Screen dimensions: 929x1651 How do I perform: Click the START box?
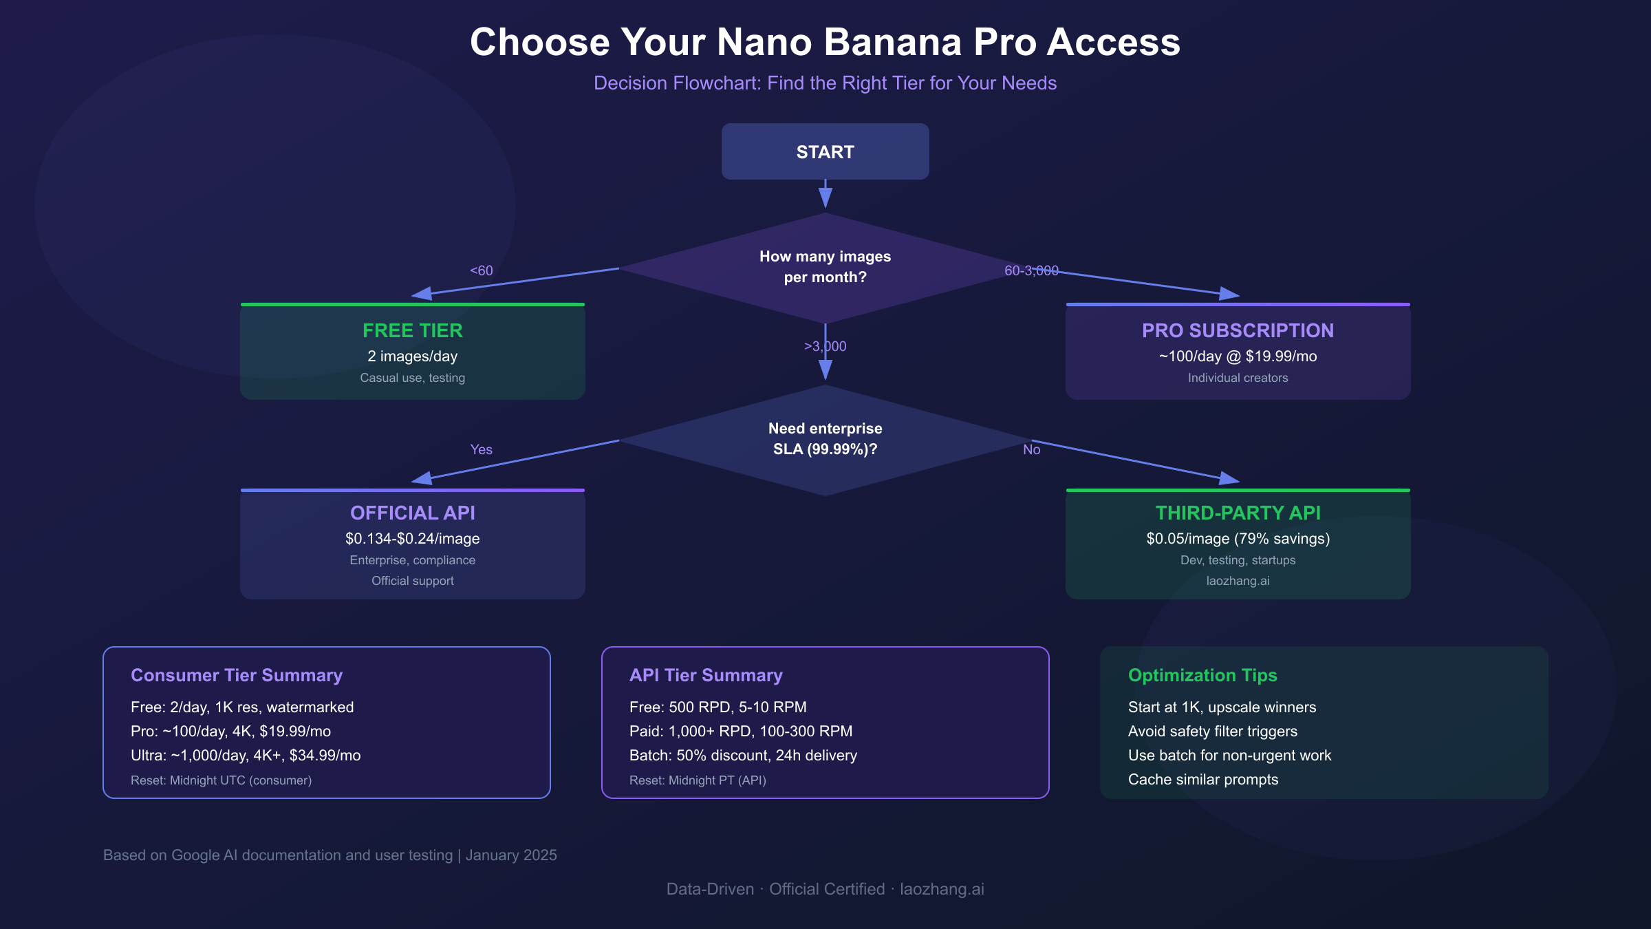[x=825, y=152]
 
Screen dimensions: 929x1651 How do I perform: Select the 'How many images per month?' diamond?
[x=825, y=267]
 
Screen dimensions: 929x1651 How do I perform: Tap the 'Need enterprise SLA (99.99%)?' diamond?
[x=825, y=439]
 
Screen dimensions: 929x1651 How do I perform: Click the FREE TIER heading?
[x=413, y=331]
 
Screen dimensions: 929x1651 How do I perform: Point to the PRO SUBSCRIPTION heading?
[x=1238, y=331]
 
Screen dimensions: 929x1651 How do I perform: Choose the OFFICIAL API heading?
[x=413, y=513]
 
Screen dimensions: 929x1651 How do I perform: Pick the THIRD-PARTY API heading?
[x=1238, y=513]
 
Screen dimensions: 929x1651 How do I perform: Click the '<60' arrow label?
[x=482, y=271]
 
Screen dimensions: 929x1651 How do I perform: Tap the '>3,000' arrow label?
[x=825, y=347]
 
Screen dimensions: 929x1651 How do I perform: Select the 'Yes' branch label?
[x=482, y=450]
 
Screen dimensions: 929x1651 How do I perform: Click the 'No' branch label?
[x=1031, y=450]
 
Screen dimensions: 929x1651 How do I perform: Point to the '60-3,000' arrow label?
[x=1031, y=271]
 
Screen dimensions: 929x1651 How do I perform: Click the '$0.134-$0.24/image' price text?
[x=413, y=539]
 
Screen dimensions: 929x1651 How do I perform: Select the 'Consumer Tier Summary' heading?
[x=237, y=676]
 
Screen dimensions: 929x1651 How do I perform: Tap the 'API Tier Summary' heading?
[x=706, y=676]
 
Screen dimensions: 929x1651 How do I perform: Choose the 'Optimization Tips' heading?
[x=1202, y=676]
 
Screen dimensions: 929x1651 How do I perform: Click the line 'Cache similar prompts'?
[x=1203, y=780]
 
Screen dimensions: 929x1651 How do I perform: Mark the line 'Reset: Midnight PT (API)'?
[x=698, y=780]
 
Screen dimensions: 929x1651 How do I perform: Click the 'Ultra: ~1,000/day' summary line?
[x=246, y=756]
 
